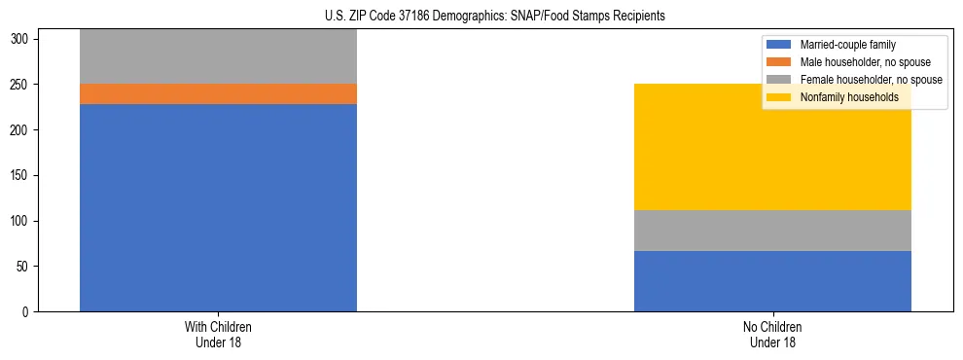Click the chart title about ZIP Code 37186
click(496, 17)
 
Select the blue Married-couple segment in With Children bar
click(218, 207)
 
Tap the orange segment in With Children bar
click(218, 93)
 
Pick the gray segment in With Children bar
click(218, 56)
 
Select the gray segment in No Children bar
click(772, 231)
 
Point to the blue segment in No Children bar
click(772, 281)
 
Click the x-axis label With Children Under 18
click(218, 334)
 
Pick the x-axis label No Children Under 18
click(772, 334)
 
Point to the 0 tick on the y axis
click(29, 311)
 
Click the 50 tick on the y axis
click(26, 267)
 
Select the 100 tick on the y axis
click(23, 221)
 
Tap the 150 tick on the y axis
click(23, 175)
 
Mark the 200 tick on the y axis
click(23, 130)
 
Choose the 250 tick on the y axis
click(23, 85)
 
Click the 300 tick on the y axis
click(23, 39)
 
